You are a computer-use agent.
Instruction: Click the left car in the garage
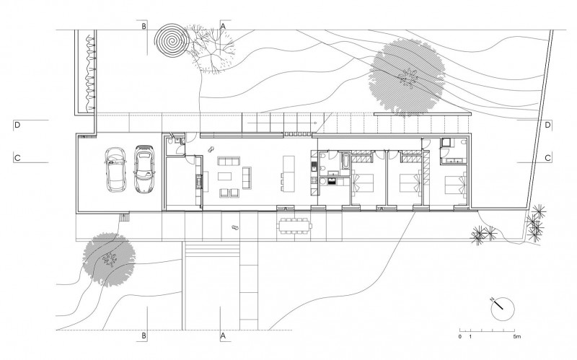115,170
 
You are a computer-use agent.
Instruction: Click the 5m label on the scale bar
516,338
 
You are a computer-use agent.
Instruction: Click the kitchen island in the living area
288,172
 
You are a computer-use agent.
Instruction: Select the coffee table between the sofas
225,175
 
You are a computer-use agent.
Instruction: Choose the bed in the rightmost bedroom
454,185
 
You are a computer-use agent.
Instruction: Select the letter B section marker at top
144,26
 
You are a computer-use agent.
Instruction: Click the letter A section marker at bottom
223,336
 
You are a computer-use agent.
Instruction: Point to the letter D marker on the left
16,126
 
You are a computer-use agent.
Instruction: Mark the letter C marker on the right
548,157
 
